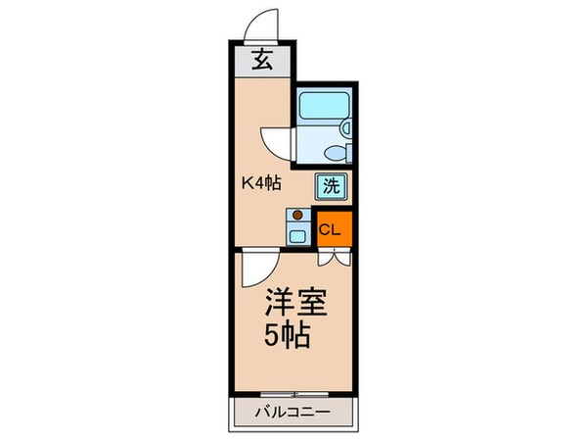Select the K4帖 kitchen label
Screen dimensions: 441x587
coord(262,182)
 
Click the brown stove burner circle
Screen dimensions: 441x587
coord(298,215)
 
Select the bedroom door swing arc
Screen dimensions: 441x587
coord(256,268)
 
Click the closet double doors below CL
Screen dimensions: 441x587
coord(334,259)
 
